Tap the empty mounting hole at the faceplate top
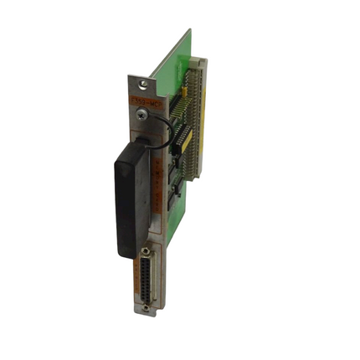(145, 83)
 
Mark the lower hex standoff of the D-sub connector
(148, 306)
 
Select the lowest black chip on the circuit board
(178, 193)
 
